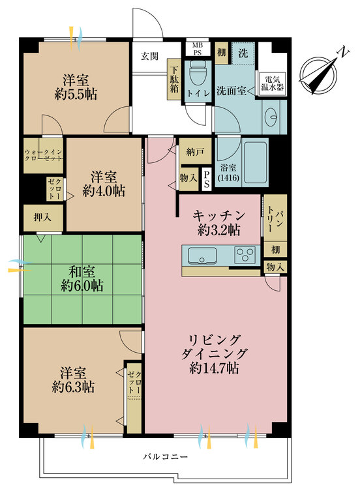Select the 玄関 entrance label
[150, 56]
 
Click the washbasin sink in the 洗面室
[273, 117]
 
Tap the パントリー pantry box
[274, 218]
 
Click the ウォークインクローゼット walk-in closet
[44, 154]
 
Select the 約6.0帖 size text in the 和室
[82, 285]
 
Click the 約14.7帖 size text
[215, 368]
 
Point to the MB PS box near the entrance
[196, 48]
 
